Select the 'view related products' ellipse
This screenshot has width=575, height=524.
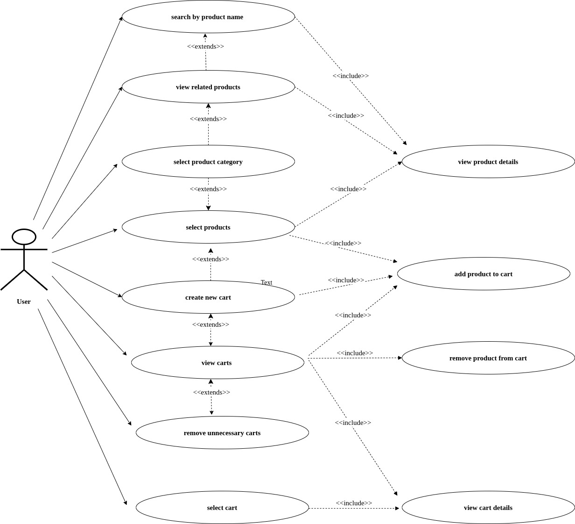tap(208, 87)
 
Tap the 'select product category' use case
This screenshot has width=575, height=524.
tap(208, 162)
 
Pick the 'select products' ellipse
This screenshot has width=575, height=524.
tap(208, 227)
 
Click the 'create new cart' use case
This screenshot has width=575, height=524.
tap(208, 297)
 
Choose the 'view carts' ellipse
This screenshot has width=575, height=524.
tap(217, 363)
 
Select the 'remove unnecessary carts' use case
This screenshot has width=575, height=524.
tap(222, 433)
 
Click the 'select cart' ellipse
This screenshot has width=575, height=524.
tap(222, 508)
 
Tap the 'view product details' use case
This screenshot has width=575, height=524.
tap(488, 162)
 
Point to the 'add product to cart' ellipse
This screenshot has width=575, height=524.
tap(484, 274)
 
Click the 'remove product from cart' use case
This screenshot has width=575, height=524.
tap(488, 358)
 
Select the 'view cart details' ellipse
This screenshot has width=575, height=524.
tap(488, 508)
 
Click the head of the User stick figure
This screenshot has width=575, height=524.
tap(24, 237)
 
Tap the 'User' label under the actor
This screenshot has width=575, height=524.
tap(24, 301)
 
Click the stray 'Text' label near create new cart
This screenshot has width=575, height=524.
tap(266, 282)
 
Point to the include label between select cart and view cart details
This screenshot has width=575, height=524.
tap(354, 503)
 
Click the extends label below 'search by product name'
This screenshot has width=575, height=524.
tap(205, 46)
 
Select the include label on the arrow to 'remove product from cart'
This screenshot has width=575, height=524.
tap(355, 353)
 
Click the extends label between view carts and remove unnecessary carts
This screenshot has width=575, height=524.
tap(211, 392)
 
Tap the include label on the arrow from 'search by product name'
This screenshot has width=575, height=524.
tap(351, 76)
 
